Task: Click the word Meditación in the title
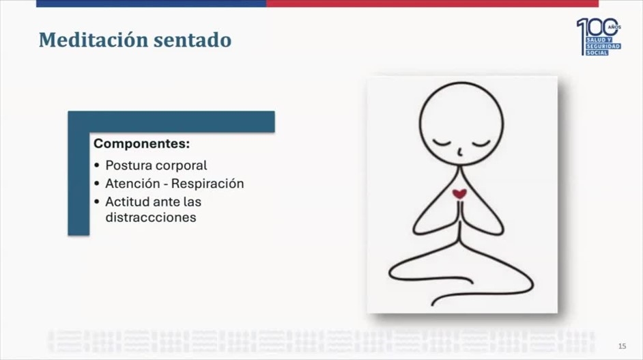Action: pos(93,40)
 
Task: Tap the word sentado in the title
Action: pos(192,40)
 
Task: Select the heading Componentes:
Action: pos(141,143)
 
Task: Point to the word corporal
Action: pos(182,166)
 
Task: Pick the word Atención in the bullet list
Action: pos(132,183)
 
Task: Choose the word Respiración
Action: pos(207,184)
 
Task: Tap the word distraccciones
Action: pos(150,217)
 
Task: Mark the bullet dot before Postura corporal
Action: pos(97,165)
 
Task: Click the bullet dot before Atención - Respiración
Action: pos(97,184)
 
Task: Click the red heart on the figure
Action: pos(459,193)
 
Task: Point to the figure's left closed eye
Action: pos(441,143)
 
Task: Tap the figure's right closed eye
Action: pos(481,143)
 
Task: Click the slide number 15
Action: pos(622,346)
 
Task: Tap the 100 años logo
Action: pos(599,37)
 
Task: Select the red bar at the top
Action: pos(432,3)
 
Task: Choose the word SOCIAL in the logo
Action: pos(597,53)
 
